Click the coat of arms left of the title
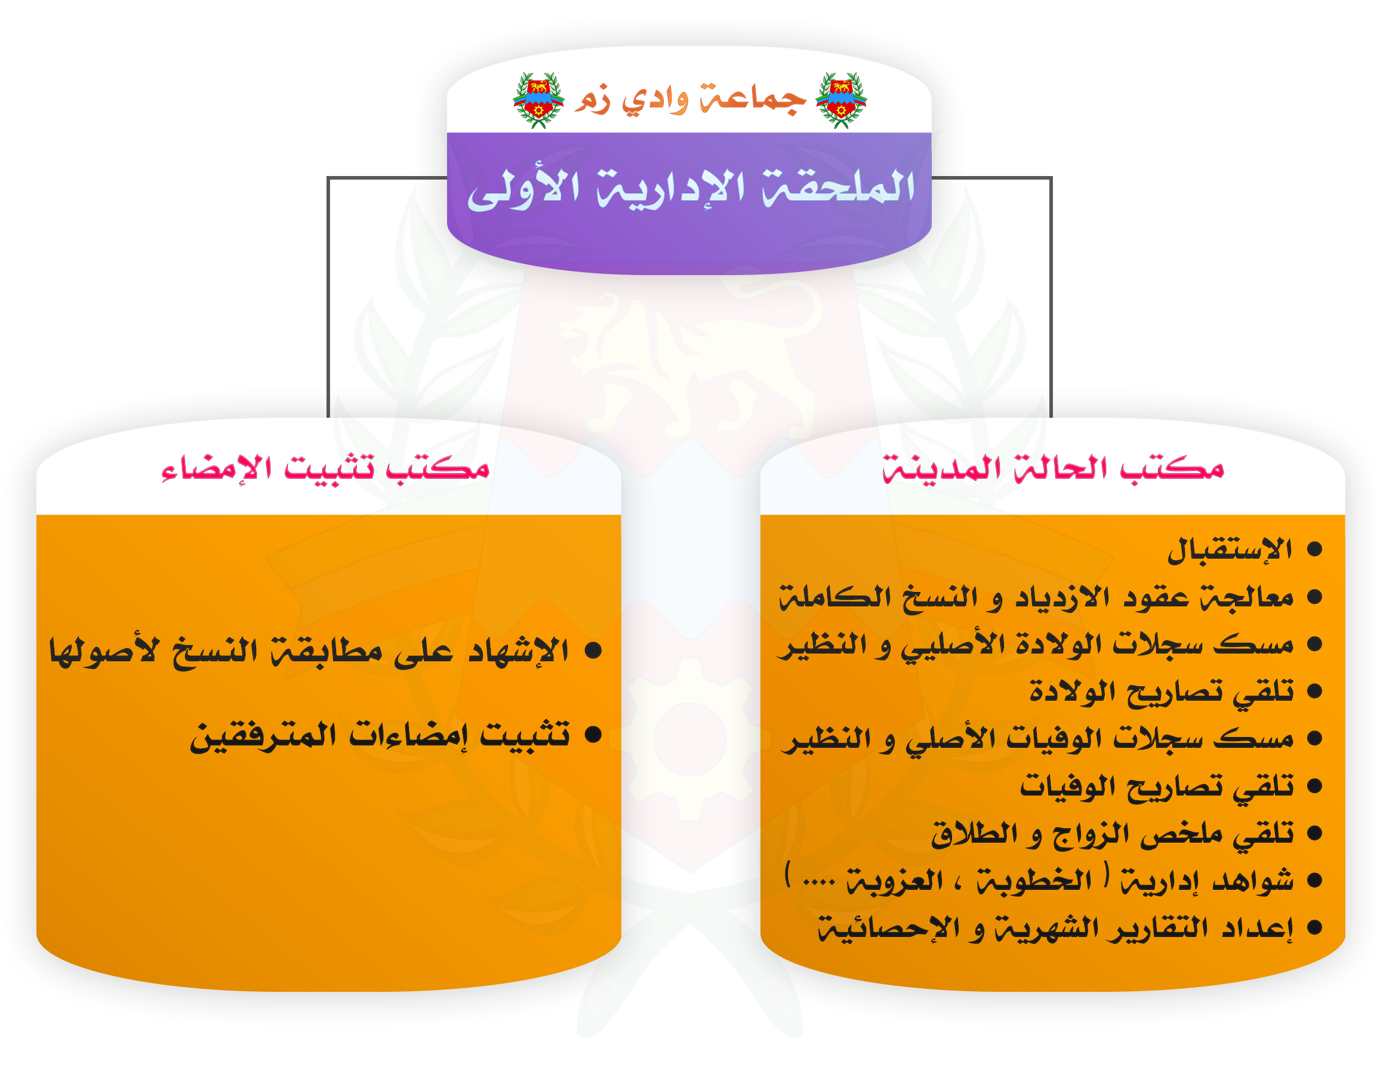pyautogui.click(x=538, y=100)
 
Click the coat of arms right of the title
pyautogui.click(x=841, y=100)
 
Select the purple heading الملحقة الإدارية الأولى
pyautogui.click(x=691, y=189)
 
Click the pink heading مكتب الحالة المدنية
pyautogui.click(x=1054, y=469)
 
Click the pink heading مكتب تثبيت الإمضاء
pyautogui.click(x=325, y=469)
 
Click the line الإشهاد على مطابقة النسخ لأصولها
pyautogui.click(x=309, y=651)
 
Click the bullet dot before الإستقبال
pyautogui.click(x=1314, y=549)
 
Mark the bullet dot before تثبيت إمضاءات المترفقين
pyautogui.click(x=593, y=734)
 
